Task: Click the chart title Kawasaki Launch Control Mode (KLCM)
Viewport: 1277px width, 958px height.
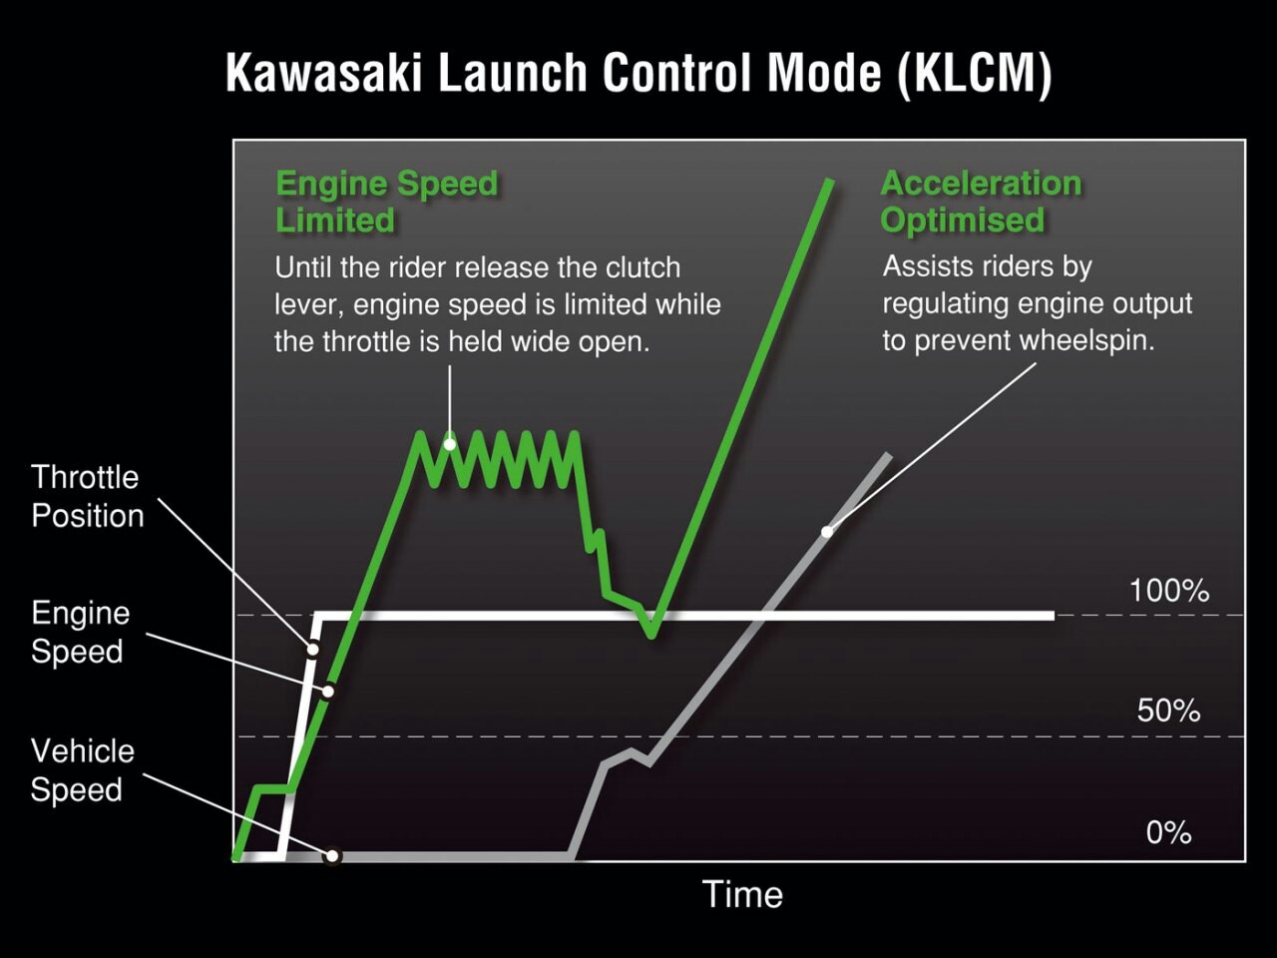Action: coord(638,73)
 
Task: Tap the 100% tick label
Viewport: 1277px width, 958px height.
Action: coord(1169,591)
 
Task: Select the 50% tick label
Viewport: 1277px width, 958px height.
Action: coord(1169,711)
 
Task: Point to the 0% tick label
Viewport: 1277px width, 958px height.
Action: coord(1169,833)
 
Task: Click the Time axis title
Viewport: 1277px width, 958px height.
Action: coord(742,894)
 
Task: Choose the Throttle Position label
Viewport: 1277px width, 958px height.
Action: coord(87,496)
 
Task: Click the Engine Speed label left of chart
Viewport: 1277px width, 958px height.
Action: coord(80,632)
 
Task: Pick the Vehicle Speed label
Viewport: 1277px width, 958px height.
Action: coord(82,770)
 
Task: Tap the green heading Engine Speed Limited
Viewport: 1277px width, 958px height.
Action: coord(387,202)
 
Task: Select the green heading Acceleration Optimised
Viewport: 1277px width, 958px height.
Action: coord(982,202)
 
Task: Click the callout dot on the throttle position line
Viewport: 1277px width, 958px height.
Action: coord(312,648)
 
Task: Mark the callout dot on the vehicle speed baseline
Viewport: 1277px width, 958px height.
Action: coord(332,855)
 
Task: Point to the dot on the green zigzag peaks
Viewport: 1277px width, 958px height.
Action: coord(450,444)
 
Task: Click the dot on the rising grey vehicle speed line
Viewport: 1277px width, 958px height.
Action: coord(827,532)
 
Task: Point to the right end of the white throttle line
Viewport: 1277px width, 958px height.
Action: coord(1053,616)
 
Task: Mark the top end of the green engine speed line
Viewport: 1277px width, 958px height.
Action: coord(830,182)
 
